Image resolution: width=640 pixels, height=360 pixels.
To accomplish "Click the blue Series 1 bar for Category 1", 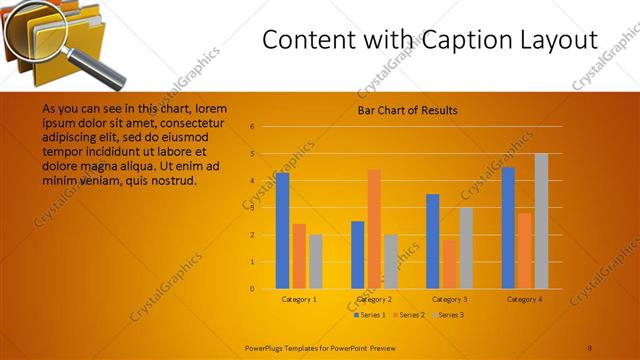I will tap(282, 230).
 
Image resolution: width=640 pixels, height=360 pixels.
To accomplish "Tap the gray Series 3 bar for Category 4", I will tap(541, 221).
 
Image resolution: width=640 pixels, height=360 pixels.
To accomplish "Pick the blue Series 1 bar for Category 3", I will tap(432, 241).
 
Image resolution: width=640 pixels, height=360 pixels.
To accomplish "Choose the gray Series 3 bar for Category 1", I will tap(315, 261).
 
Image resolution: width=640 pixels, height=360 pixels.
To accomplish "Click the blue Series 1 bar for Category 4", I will tap(508, 227).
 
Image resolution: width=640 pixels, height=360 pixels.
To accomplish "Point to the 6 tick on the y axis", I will tap(253, 127).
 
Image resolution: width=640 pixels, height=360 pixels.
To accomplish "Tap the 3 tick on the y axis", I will tap(253, 208).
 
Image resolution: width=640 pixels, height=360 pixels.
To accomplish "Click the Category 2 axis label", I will tap(373, 299).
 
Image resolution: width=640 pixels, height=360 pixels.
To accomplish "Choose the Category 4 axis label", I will tap(524, 299).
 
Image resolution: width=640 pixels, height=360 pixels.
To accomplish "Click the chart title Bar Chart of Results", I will tap(407, 110).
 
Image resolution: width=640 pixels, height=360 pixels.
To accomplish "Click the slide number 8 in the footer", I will tap(590, 347).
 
